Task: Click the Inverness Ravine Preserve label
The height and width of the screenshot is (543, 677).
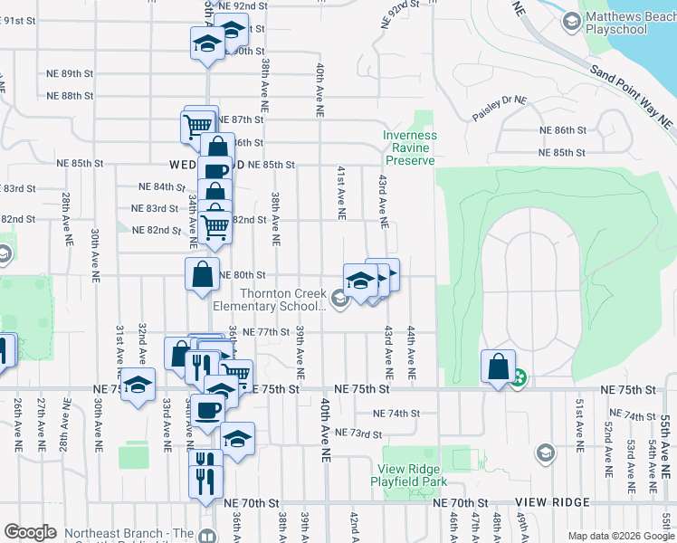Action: click(x=409, y=148)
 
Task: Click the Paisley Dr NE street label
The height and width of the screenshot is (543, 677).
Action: click(x=499, y=109)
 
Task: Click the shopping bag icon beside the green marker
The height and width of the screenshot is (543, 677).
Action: click(x=498, y=367)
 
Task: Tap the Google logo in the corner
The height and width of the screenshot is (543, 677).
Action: click(x=31, y=532)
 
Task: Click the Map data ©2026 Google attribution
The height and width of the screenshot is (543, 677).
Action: click(x=621, y=536)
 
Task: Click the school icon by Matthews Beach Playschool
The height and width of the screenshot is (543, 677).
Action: click(x=571, y=19)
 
